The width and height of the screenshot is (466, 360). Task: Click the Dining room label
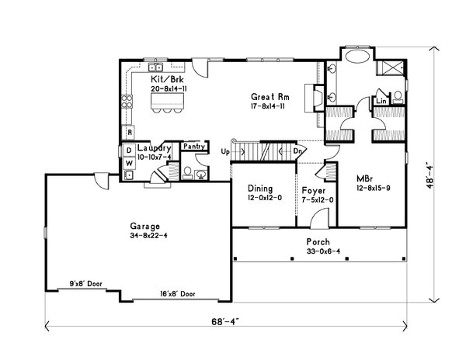click(260, 189)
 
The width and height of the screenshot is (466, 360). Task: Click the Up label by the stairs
click(225, 150)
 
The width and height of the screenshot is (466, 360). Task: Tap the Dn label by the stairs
click(297, 151)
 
